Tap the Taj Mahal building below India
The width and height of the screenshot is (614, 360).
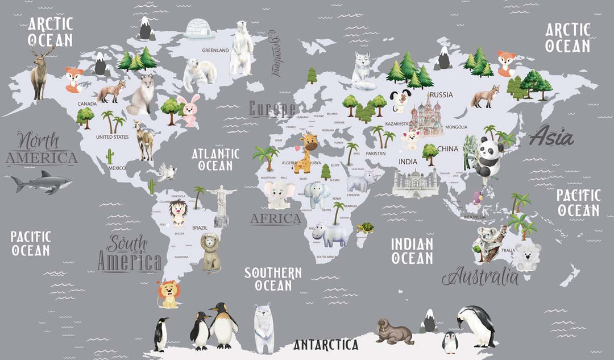click(416, 183)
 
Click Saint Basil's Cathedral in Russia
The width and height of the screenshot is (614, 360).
click(426, 117)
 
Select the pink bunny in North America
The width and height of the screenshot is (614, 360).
click(188, 110)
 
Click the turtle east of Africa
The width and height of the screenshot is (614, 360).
click(366, 229)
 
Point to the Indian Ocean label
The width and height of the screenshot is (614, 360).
click(412, 251)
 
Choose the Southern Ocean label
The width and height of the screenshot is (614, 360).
click(273, 279)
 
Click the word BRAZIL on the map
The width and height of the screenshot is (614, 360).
click(200, 227)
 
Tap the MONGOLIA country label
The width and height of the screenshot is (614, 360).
click(456, 127)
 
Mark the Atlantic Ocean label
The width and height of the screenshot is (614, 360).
click(215, 159)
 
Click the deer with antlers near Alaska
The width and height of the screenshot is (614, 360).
click(40, 71)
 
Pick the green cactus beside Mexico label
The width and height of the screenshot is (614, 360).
click(110, 156)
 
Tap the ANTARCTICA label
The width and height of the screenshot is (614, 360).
click(326, 345)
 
